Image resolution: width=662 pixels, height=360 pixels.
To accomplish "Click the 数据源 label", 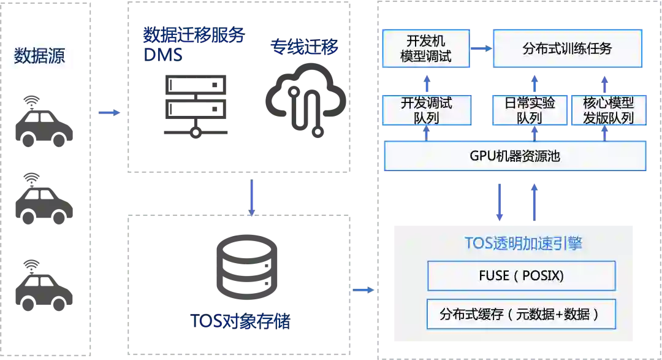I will coord(39,56).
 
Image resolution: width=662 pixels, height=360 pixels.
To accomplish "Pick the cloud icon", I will coord(305,98).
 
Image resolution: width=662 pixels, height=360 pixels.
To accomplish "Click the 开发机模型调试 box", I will coord(425,49).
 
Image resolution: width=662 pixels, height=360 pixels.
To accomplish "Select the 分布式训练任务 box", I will coord(567,49).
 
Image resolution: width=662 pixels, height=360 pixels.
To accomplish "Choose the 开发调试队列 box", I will coord(426,110).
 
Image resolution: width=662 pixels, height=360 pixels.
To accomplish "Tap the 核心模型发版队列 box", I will coord(608,110).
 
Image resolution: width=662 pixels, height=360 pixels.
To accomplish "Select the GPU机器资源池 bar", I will coord(515,156).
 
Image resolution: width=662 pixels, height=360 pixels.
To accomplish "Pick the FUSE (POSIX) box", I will coord(521,276).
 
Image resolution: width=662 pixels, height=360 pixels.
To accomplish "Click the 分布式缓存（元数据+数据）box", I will coord(521,315).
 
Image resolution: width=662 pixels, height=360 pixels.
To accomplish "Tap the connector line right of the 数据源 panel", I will coord(110,112).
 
